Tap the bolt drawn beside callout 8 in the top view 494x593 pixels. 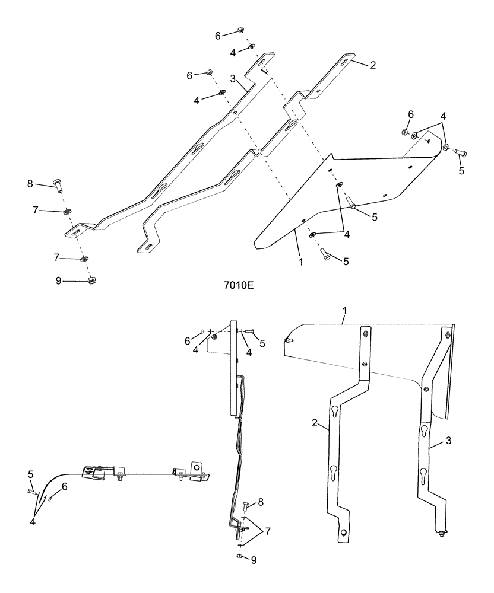pos(58,184)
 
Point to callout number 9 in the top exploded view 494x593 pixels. pos(58,281)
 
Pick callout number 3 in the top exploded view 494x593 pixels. pos(234,78)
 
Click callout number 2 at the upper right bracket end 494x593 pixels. pos(372,66)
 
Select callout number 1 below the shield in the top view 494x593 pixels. pos(300,261)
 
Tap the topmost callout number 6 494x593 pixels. pos(218,36)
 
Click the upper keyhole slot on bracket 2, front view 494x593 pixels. pos(337,411)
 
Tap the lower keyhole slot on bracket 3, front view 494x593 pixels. pos(423,474)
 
